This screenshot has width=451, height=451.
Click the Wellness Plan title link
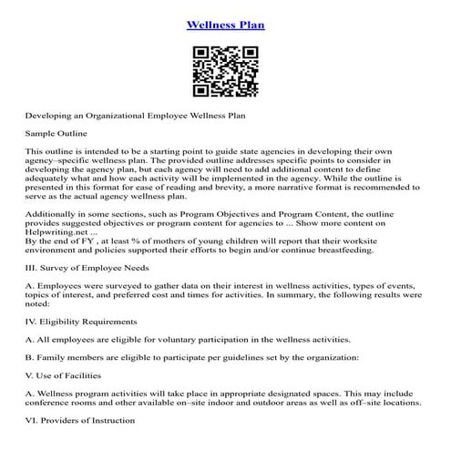click(x=225, y=25)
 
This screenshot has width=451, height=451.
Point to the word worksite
click(x=406, y=240)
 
